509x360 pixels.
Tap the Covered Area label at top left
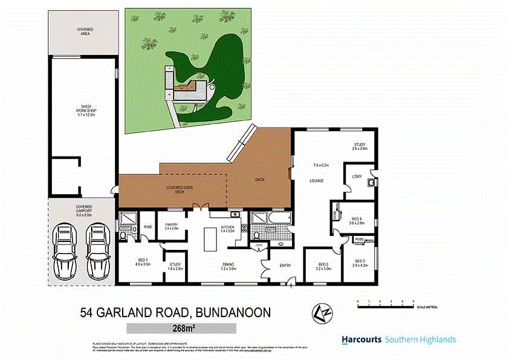point(84,32)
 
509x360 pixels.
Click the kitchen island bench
point(210,240)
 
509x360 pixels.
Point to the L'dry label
point(357,177)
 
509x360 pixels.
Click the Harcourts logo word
point(361,339)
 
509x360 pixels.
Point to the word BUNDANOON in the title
point(233,313)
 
